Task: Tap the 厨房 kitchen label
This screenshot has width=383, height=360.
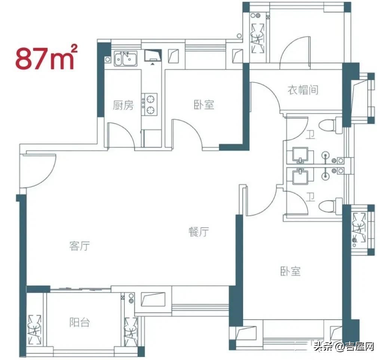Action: (123, 105)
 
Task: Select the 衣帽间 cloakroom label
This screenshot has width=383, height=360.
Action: (303, 90)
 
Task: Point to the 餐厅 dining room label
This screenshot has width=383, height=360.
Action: (199, 232)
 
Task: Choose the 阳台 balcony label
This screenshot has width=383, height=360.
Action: (79, 323)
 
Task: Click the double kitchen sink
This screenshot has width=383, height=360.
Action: (126, 58)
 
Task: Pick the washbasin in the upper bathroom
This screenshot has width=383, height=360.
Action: (300, 155)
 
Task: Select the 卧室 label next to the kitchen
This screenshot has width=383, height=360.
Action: (204, 105)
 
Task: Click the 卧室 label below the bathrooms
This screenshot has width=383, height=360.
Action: (290, 271)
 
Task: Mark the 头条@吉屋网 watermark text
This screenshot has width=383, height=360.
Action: (344, 346)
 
